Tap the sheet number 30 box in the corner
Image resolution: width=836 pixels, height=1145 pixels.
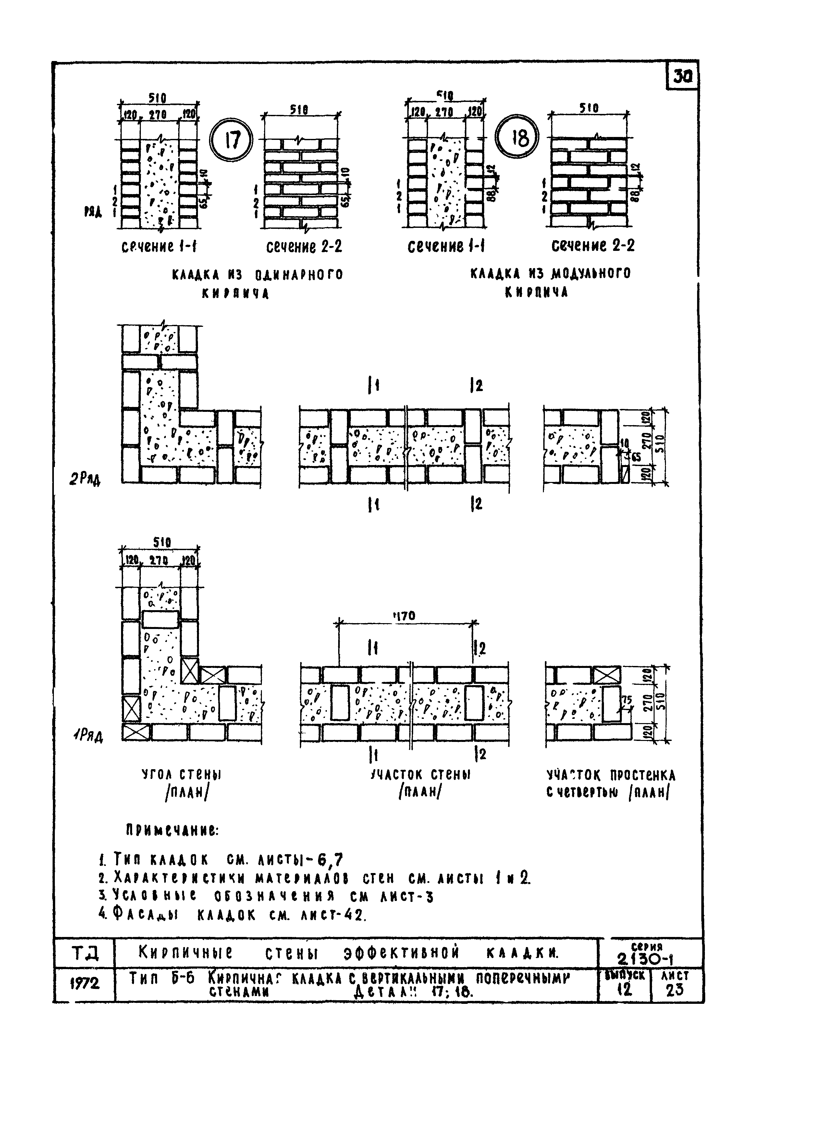(683, 77)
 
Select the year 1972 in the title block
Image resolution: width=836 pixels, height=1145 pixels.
(84, 983)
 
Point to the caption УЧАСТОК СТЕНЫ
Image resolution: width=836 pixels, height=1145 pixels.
(421, 775)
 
